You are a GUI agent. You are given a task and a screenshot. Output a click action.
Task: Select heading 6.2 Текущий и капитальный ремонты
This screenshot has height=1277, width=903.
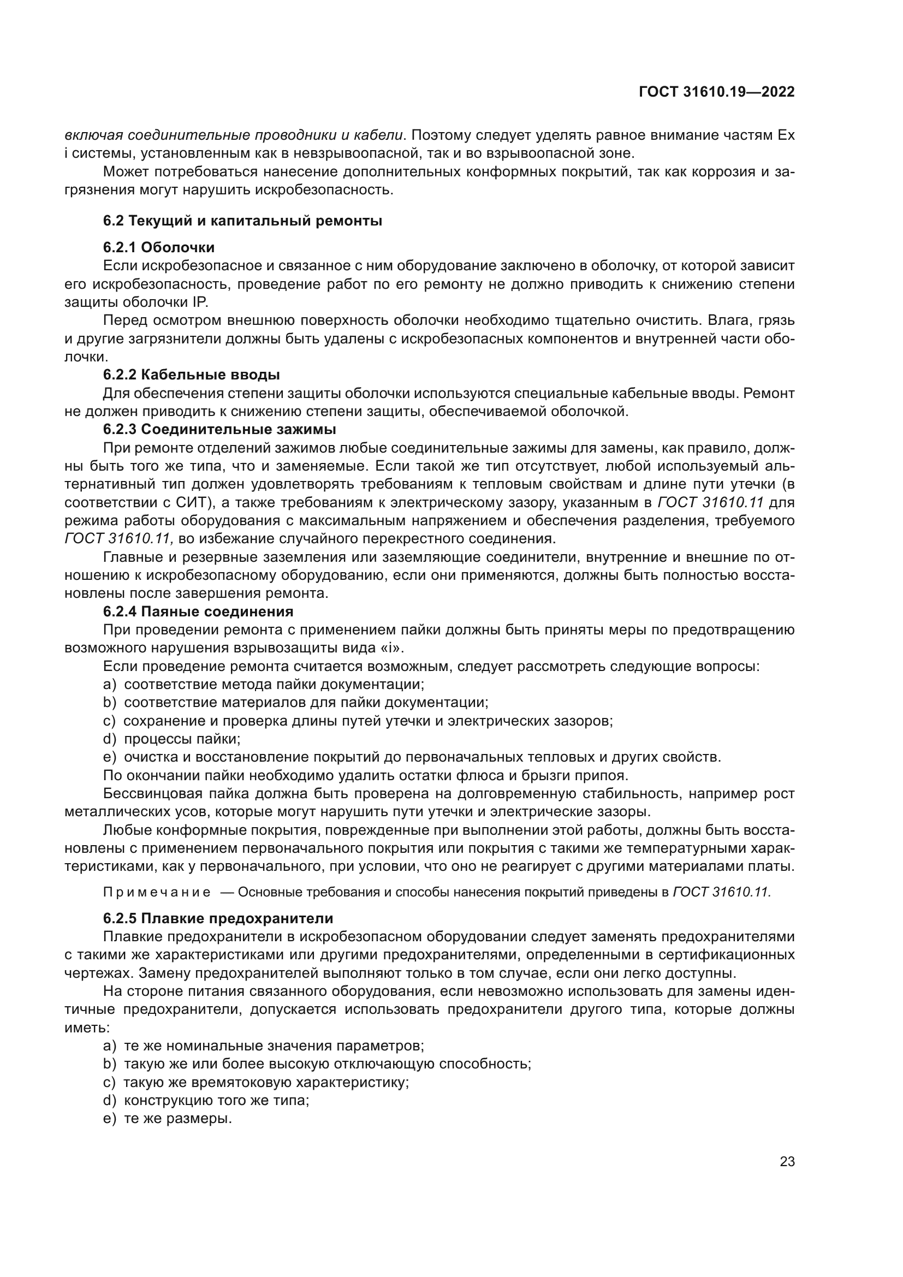tap(242, 221)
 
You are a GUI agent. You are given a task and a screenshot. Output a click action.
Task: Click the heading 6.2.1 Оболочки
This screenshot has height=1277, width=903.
tap(158, 247)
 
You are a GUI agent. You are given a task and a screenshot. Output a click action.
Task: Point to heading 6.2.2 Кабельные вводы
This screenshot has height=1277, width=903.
tap(191, 375)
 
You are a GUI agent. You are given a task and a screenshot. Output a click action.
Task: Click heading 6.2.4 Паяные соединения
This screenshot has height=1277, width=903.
tap(198, 611)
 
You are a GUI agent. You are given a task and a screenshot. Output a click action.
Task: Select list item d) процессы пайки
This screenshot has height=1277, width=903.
tap(172, 739)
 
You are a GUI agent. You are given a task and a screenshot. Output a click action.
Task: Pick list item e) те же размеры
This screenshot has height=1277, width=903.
tap(168, 1119)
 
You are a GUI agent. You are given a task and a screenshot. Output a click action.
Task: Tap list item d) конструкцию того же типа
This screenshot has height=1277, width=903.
tap(206, 1100)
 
